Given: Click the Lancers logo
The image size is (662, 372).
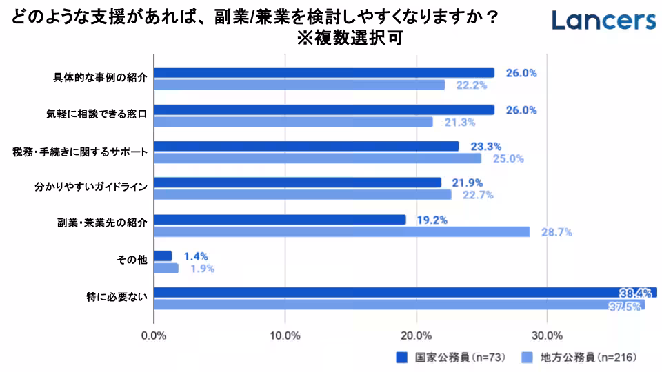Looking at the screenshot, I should coord(603,21).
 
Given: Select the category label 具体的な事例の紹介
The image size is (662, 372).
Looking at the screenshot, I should coord(101,78).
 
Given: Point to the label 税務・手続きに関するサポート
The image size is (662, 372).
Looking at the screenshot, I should coord(80,152).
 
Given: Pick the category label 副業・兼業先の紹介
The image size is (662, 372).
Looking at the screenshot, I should coord(102,223).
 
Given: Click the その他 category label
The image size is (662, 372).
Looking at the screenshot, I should coord(132,260).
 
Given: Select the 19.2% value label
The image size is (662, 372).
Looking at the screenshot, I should coord(432,220).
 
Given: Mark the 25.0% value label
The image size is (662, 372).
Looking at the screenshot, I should coord(508,158).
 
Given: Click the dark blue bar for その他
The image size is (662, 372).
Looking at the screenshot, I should coord(163,256).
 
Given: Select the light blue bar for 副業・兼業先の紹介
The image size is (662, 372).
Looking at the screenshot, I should coord(341,232).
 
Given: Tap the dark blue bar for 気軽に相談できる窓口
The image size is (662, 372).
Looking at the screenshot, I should coord(323,110).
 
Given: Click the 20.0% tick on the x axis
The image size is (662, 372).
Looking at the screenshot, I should coord(416,335).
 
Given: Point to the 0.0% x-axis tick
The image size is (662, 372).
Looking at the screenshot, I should coord(153,335).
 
